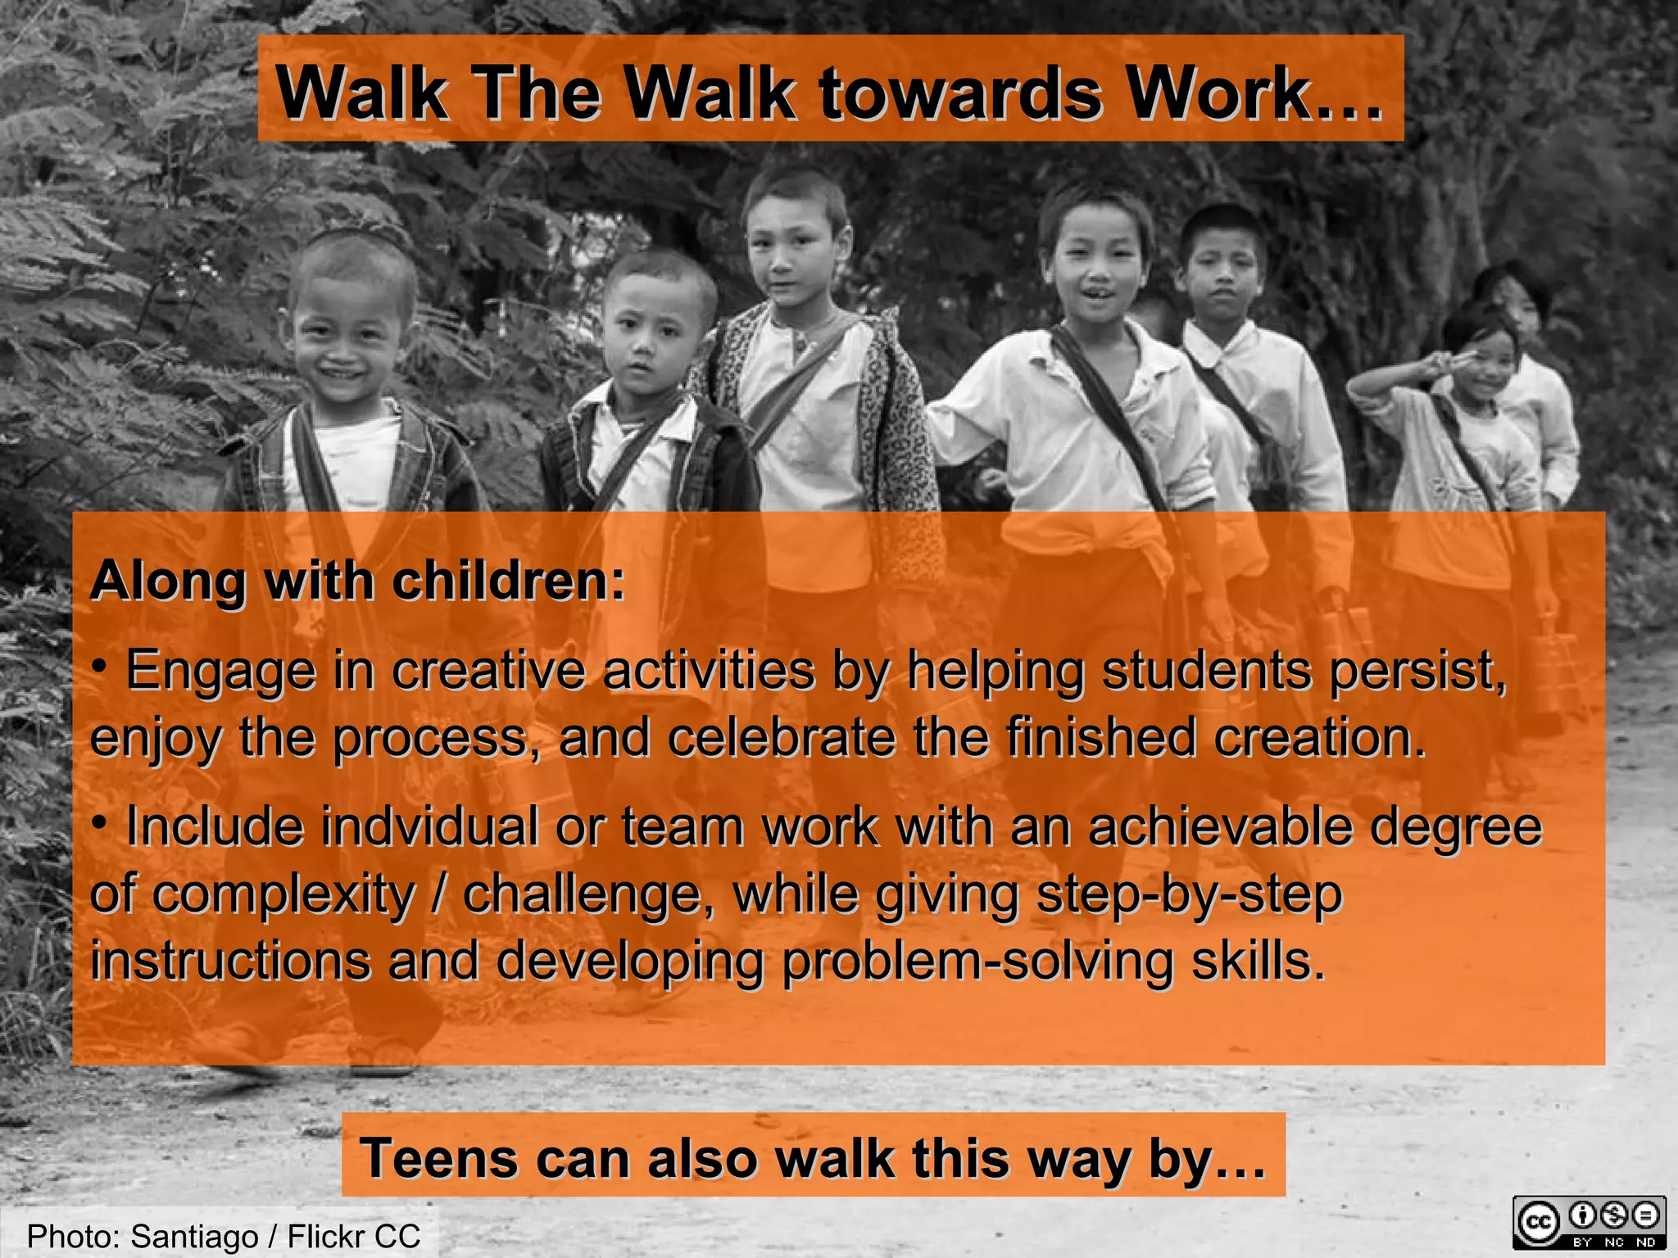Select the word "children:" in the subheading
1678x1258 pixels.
tap(508, 581)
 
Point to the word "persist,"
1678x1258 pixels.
tap(1417, 671)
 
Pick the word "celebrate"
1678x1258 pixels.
tap(782, 737)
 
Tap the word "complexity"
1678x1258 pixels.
tap(283, 894)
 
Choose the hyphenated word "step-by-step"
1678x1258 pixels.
tap(1189, 894)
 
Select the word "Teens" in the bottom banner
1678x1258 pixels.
tap(439, 1158)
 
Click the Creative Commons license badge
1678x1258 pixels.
tap(1589, 1224)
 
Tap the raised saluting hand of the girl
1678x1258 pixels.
tap(1448, 360)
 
